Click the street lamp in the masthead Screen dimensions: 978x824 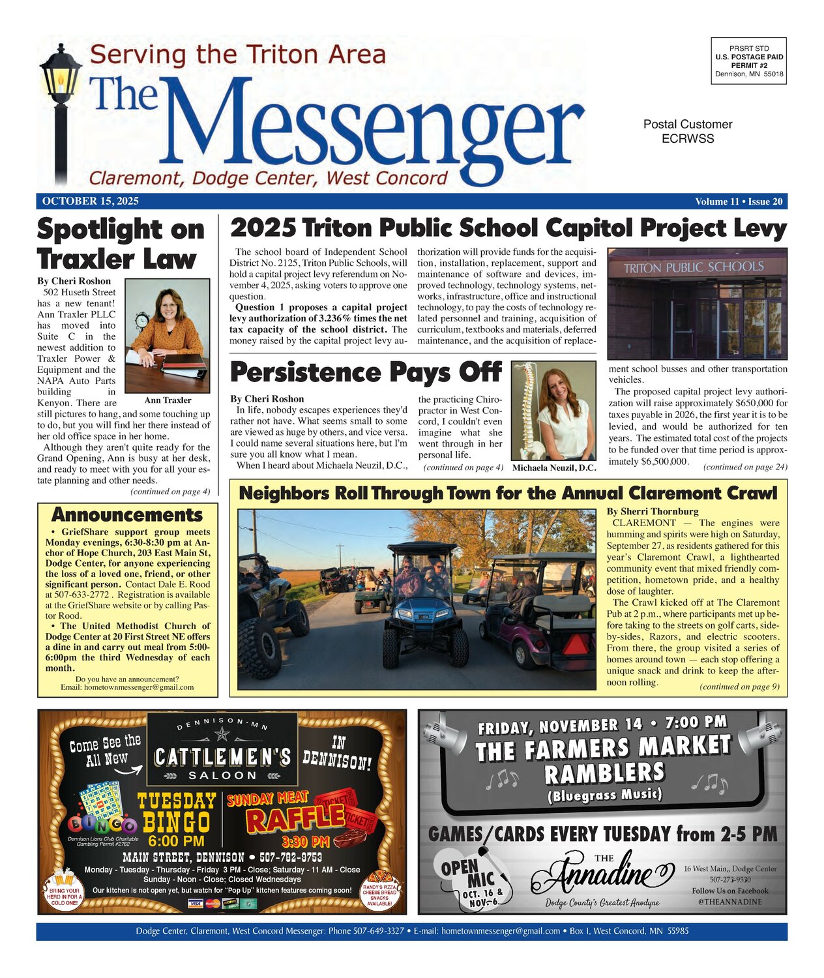[x=60, y=104]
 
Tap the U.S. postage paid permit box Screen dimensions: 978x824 [x=749, y=61]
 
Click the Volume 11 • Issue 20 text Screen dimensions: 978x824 [x=739, y=201]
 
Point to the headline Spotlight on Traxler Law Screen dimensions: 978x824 [x=121, y=244]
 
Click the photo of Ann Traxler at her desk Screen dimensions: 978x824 [x=167, y=336]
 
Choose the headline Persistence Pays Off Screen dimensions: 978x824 [x=366, y=372]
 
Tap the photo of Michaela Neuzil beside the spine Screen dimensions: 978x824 [x=553, y=411]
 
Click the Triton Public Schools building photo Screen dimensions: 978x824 [x=696, y=303]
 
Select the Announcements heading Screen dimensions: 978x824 [x=127, y=514]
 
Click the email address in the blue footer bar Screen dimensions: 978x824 [x=500, y=931]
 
